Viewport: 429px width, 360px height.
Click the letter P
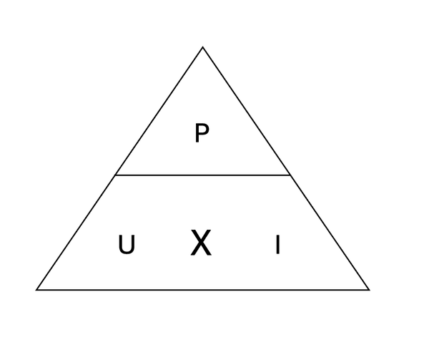pyautogui.click(x=202, y=133)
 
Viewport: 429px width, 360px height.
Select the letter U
pyautogui.click(x=127, y=244)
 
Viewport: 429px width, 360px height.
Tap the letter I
pyautogui.click(x=277, y=244)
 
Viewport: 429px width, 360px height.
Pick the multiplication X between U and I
pyautogui.click(x=201, y=243)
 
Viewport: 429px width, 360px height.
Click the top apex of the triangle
pyautogui.click(x=203, y=47)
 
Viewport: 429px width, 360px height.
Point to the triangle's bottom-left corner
pyautogui.click(x=36, y=289)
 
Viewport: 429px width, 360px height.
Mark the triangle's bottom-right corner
pyautogui.click(x=369, y=289)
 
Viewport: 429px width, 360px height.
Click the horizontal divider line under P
pyautogui.click(x=202, y=175)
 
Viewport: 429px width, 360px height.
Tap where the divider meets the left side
pyautogui.click(x=115, y=175)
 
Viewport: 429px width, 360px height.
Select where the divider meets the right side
pyautogui.click(x=290, y=175)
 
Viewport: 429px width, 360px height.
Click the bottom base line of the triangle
pyautogui.click(x=203, y=289)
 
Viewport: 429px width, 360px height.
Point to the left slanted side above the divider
pyautogui.click(x=159, y=111)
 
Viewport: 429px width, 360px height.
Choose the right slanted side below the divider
pyautogui.click(x=330, y=232)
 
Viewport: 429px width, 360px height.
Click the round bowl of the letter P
pyautogui.click(x=205, y=130)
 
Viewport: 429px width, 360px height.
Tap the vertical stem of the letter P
pyautogui.click(x=197, y=133)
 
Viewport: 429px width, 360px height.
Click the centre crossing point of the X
pyautogui.click(x=201, y=243)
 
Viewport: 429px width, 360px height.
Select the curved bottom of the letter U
pyautogui.click(x=127, y=251)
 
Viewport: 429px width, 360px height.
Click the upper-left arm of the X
pyautogui.click(x=197, y=236)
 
